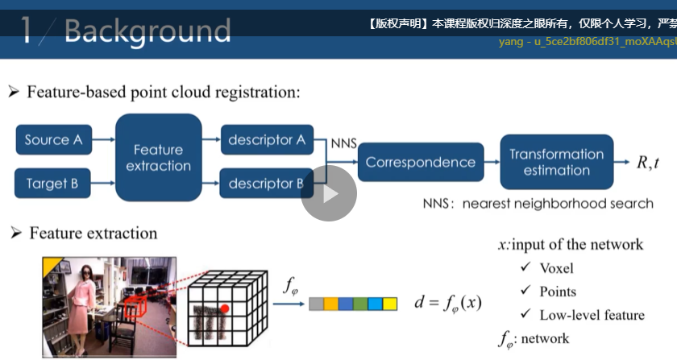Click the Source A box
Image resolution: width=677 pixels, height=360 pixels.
click(53, 140)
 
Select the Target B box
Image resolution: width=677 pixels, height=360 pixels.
click(52, 184)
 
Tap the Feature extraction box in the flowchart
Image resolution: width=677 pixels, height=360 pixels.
click(158, 157)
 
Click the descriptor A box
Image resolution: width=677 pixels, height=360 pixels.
click(266, 140)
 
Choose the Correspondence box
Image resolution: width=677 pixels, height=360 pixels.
click(420, 162)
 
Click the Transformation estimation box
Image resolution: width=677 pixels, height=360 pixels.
click(556, 162)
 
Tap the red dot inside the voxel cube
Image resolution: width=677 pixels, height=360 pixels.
click(226, 308)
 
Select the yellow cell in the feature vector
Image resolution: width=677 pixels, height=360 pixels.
click(390, 304)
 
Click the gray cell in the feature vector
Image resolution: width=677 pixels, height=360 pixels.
click(317, 304)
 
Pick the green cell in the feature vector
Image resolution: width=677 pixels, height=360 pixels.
click(375, 304)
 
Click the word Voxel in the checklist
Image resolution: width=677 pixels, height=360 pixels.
click(556, 268)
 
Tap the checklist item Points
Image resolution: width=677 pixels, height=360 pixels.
click(558, 292)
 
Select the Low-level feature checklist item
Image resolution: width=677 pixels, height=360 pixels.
click(592, 315)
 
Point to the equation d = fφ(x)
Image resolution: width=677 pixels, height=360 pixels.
click(447, 303)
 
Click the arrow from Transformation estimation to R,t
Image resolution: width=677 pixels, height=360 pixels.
click(622, 162)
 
